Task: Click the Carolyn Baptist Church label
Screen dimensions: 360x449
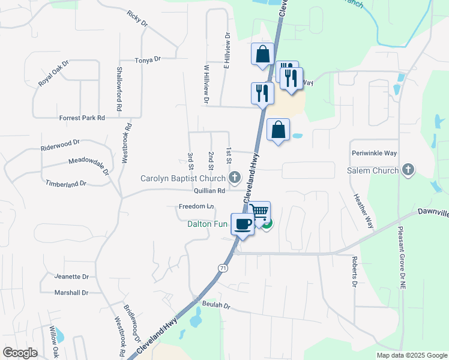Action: click(182, 178)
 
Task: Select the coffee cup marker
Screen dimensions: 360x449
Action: click(243, 224)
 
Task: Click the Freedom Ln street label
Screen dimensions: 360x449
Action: click(196, 206)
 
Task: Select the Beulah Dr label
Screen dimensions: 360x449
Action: click(216, 305)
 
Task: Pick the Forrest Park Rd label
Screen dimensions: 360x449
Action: click(82, 118)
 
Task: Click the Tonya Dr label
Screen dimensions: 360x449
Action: click(148, 60)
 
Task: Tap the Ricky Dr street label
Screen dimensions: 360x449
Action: click(137, 18)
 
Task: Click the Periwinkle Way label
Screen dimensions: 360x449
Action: click(375, 153)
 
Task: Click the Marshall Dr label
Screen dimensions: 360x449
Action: click(71, 293)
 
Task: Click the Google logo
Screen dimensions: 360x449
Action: click(20, 353)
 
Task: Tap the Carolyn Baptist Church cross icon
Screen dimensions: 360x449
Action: click(235, 178)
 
